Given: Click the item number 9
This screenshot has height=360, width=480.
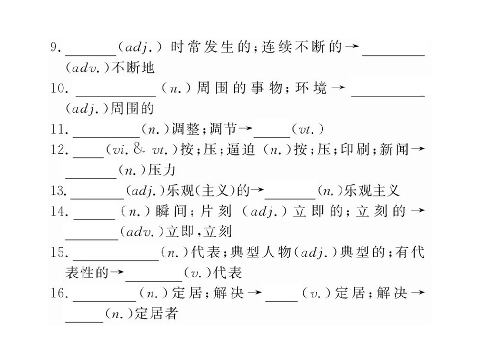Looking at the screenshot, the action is [x=56, y=48].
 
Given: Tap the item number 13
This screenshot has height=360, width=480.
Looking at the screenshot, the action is [x=59, y=191].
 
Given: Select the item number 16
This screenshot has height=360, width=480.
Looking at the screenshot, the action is [x=59, y=293].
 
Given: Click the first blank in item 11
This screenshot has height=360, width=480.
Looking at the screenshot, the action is [x=106, y=136].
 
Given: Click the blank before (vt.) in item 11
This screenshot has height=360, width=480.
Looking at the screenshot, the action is [x=272, y=136].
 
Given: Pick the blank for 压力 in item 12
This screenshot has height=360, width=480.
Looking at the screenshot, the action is [x=91, y=177].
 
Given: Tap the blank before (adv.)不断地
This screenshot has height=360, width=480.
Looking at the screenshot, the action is [x=393, y=55].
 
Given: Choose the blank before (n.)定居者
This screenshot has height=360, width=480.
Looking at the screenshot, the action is [x=84, y=321].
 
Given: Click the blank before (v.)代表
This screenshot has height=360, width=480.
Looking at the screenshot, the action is [x=153, y=280].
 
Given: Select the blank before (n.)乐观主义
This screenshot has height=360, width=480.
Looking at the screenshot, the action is [x=290, y=198].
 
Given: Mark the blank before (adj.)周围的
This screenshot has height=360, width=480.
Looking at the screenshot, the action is [x=388, y=96].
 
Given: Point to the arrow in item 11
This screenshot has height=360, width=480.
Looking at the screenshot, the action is [x=245, y=129].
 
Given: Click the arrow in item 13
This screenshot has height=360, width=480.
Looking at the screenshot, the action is [x=257, y=190].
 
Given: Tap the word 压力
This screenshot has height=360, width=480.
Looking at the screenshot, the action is [x=161, y=170].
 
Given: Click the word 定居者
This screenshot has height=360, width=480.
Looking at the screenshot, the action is [x=156, y=314].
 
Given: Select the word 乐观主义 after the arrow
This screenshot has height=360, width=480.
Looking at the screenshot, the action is [x=371, y=191].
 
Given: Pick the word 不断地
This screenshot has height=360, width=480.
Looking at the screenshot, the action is [x=133, y=67].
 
